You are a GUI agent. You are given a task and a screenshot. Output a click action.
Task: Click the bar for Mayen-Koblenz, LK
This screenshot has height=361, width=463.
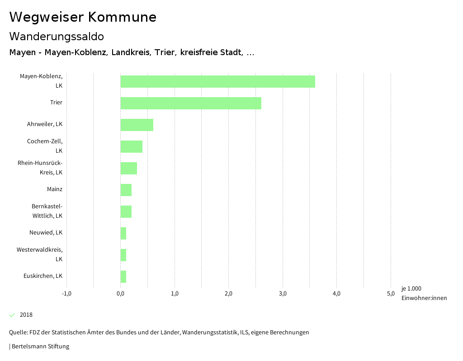pos(217,81)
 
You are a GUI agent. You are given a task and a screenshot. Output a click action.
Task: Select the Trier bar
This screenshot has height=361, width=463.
pos(191,103)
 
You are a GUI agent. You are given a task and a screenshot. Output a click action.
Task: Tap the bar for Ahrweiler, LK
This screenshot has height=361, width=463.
pos(137,125)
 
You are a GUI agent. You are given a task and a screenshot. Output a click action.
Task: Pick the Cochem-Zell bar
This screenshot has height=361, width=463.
pos(131,146)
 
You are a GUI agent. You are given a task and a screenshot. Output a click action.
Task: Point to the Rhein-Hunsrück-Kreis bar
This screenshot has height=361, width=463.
pos(128,168)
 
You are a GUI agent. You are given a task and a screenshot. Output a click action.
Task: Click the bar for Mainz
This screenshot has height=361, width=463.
pos(126,190)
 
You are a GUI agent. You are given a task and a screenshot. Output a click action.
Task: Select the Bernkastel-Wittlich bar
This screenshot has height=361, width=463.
pos(126,211)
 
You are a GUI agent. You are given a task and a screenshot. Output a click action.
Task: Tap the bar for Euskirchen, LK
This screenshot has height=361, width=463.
pos(123,277)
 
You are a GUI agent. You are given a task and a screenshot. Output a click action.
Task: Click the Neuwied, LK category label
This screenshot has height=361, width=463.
pos(46,233)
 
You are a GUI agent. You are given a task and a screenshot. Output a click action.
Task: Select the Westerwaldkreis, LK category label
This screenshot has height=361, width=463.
pos(40,254)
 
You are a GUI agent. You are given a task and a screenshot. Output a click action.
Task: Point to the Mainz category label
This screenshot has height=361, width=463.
pos(55,189)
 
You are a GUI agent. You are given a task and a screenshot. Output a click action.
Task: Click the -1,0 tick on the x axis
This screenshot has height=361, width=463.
pos(66,294)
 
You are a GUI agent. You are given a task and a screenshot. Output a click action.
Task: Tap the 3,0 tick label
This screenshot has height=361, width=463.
pos(283,294)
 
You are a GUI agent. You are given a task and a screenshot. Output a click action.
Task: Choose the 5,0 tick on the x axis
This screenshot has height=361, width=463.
pos(391,294)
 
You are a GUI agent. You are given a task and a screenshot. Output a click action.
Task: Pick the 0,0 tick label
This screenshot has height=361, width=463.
pos(121,294)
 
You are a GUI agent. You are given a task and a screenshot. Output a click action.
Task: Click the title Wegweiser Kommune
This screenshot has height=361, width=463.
pos(83,17)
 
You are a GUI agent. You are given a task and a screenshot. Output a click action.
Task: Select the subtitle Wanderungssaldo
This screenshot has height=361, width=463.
pos(57,36)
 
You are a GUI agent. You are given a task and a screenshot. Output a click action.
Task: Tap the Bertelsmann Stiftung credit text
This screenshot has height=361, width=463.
pos(40,347)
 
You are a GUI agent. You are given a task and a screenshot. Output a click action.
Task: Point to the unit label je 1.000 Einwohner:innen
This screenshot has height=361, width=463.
pos(424,293)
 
